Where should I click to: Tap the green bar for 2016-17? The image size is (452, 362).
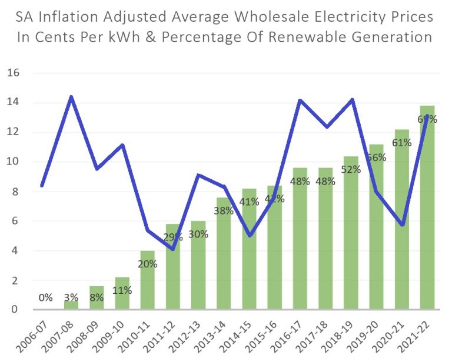pos(300,247)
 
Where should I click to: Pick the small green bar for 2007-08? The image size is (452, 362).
pos(72,305)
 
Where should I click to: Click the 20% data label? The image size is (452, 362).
pos(147,264)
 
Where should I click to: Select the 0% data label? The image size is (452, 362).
pos(45,297)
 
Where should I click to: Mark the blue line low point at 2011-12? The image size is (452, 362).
pos(173,249)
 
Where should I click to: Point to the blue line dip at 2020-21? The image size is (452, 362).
pos(401,224)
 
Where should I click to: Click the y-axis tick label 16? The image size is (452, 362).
pos(14,73)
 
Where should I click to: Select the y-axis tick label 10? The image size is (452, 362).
pos(14,162)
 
